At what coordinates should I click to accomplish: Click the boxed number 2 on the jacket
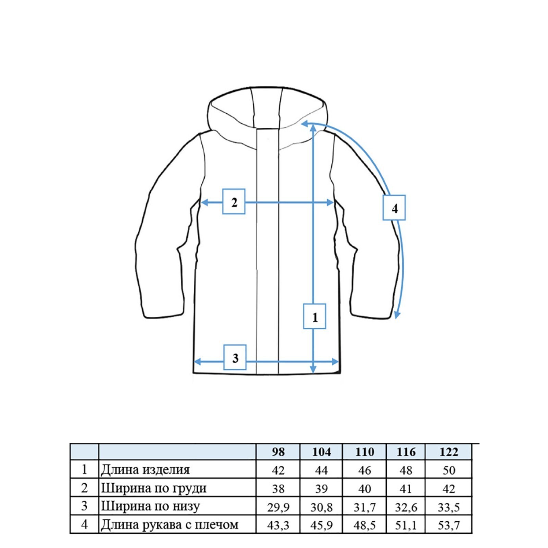coord(234,202)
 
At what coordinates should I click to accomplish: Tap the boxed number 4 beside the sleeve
coord(394,208)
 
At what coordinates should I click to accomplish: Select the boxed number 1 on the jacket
coord(314,316)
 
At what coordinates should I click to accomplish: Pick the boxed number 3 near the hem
coord(235,358)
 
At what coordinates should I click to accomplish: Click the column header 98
coord(278,452)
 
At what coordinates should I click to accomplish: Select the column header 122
coord(448,452)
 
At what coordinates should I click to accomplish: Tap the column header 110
coord(364,452)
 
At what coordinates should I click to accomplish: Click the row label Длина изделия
coord(145,470)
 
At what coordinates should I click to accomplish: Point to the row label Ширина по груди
coord(154,488)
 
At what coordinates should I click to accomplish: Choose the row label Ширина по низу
coord(150,506)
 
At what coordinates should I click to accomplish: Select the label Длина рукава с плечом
coord(170,524)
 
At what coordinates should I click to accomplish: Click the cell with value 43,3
coord(278,525)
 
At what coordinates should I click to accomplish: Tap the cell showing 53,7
coord(448,525)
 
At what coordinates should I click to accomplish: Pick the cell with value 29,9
coord(278,507)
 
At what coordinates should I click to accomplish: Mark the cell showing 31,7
coord(364,507)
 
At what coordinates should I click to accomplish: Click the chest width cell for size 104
coord(321,488)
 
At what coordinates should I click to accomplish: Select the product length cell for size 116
coord(406,470)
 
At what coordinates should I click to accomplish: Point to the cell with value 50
coord(448,470)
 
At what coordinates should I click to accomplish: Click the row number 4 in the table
coord(84,524)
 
